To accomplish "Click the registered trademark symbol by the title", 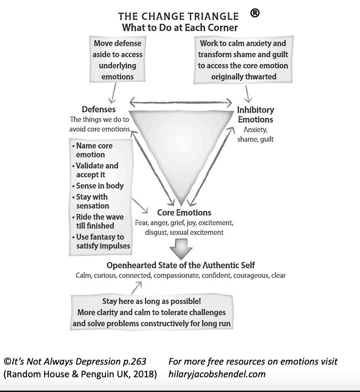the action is tap(255, 13).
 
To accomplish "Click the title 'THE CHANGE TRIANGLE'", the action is tap(178, 16).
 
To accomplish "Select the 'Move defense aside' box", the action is tap(118, 59).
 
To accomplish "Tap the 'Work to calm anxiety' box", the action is tap(243, 60).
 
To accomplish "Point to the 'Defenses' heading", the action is tap(99, 109).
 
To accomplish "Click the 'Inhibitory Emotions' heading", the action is tap(255, 115).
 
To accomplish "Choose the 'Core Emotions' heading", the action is tap(184, 212).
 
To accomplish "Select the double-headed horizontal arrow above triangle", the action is tap(181, 102).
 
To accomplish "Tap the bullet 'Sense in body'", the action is tap(98, 186).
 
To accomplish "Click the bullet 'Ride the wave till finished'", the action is tap(98, 221).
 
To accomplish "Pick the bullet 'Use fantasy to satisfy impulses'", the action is tap(101, 241).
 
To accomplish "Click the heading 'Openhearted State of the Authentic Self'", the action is tap(181, 265).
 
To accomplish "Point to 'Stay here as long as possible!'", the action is tap(152, 301).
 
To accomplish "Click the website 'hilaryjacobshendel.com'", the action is tap(217, 374).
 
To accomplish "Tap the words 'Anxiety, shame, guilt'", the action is tap(255, 134).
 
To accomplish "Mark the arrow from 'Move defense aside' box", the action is tap(113, 93).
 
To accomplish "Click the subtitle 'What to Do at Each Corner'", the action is tap(180, 27).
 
